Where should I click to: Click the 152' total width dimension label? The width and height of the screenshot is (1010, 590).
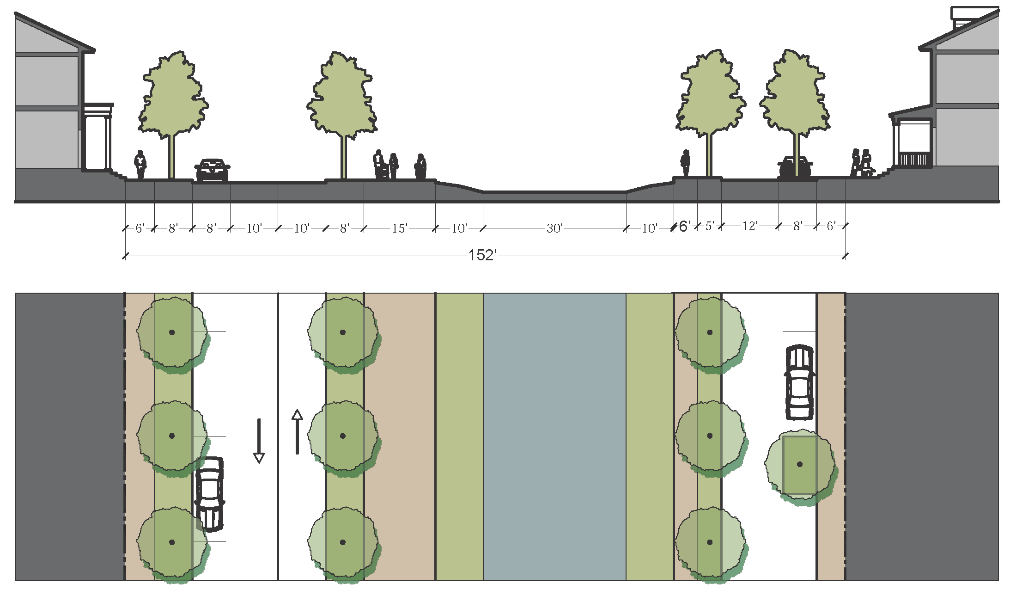pyautogui.click(x=482, y=255)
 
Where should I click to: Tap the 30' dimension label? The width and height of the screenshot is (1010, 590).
pyautogui.click(x=554, y=228)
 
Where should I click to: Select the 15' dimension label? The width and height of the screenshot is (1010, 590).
pyautogui.click(x=400, y=228)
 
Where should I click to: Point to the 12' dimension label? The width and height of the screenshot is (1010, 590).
pyautogui.click(x=749, y=226)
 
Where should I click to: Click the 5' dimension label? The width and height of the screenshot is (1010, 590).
pyautogui.click(x=709, y=226)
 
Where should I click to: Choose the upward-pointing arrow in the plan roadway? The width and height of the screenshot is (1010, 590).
pyautogui.click(x=297, y=432)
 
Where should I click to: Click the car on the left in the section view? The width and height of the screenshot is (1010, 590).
pyautogui.click(x=212, y=170)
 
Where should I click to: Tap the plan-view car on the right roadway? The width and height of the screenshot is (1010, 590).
pyautogui.click(x=799, y=382)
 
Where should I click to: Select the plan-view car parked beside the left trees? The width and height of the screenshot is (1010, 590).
pyautogui.click(x=209, y=494)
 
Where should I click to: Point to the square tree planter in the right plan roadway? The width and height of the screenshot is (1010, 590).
pyautogui.click(x=799, y=465)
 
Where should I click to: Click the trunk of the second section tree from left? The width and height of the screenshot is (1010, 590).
pyautogui.click(x=343, y=157)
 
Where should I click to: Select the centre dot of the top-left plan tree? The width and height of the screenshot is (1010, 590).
pyautogui.click(x=172, y=332)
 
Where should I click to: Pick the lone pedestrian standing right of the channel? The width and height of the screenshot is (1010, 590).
pyautogui.click(x=686, y=163)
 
